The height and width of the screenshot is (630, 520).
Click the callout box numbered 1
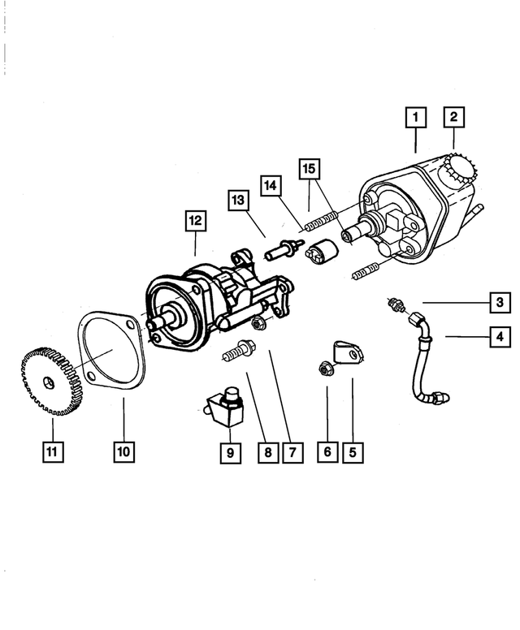pos(414,119)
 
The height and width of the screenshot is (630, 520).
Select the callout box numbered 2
pos(453,119)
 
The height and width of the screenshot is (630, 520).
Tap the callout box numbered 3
pos(500,303)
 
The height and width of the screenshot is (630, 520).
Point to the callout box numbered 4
pos(500,335)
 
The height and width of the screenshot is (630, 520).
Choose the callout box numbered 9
pos(230,453)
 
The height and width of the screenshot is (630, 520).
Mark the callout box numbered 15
pos(308,170)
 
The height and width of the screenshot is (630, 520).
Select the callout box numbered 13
pos(237,200)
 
